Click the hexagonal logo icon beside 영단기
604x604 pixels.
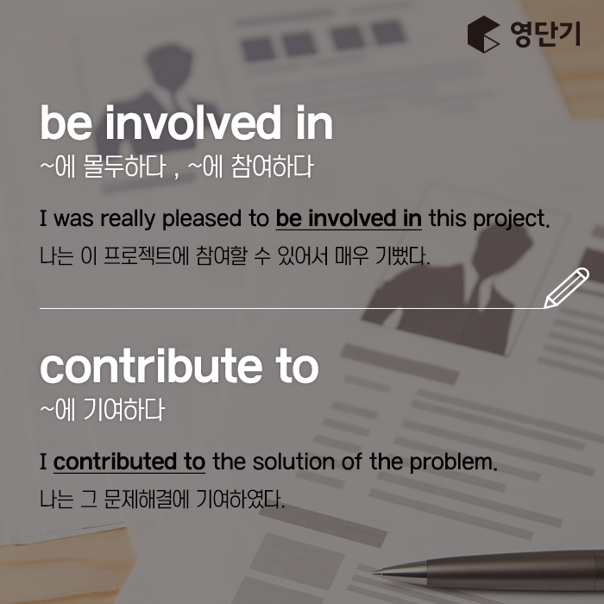(x=483, y=35)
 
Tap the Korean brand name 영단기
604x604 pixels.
(x=545, y=35)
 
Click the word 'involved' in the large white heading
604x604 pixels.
(x=193, y=123)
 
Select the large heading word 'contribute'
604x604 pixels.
(x=151, y=365)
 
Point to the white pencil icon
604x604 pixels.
(x=566, y=287)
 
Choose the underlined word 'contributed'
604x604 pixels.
(x=115, y=462)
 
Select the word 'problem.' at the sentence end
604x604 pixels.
(x=453, y=462)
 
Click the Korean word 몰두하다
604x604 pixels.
(x=125, y=167)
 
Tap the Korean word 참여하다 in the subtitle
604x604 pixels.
(x=273, y=167)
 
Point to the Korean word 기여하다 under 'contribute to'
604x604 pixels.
(x=124, y=410)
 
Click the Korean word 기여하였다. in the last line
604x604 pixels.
(x=241, y=499)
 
